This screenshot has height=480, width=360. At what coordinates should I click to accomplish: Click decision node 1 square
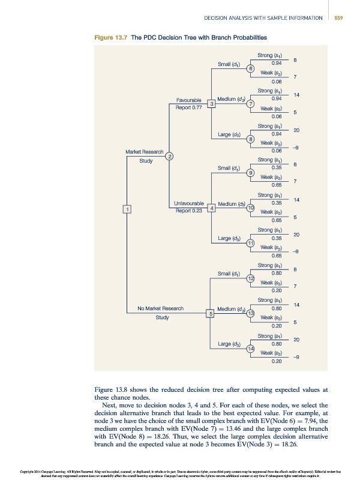[127, 209]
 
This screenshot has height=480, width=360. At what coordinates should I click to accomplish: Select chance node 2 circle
[170, 157]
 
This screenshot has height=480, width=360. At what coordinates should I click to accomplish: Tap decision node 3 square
[211, 104]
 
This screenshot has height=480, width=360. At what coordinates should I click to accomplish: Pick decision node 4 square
[211, 208]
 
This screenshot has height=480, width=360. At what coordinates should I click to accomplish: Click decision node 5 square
[211, 313]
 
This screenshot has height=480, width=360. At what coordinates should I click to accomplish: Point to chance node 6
[251, 69]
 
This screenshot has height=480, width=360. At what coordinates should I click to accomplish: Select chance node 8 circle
[251, 139]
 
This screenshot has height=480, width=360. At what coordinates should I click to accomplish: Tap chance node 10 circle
[251, 208]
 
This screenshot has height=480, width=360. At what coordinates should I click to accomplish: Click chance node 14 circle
[251, 349]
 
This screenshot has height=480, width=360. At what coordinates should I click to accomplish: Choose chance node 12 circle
[251, 278]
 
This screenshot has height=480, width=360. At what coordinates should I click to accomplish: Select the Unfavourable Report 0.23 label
[188, 208]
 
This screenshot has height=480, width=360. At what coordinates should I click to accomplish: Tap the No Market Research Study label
[162, 313]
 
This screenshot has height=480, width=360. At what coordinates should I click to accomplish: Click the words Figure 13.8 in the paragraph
[113, 388]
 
